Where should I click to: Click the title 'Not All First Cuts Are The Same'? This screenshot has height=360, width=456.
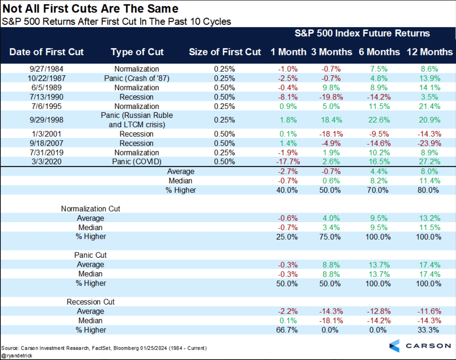90,9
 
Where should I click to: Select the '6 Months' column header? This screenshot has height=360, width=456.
379,52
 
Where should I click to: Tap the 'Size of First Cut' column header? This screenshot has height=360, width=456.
225,52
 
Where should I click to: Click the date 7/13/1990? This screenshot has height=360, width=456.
46,97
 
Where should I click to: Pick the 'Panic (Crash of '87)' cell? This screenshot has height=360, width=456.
137,78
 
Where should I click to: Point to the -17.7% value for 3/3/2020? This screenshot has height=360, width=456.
288,162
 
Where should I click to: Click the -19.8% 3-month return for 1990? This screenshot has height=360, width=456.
331,97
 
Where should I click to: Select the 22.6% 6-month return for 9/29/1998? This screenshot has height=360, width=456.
379,120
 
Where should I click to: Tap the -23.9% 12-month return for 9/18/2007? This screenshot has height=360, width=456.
429,143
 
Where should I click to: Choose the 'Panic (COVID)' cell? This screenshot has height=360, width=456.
137,162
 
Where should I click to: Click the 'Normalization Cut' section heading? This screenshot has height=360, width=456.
90,209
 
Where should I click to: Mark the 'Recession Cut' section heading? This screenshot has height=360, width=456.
90,302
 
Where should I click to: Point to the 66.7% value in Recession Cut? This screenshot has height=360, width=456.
287,330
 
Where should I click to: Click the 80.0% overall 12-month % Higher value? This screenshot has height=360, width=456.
428,190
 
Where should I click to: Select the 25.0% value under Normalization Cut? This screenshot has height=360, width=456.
287,237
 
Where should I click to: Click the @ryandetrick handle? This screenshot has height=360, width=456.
17,356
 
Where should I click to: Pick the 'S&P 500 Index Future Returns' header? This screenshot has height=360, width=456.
362,33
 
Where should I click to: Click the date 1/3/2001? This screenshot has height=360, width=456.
46,134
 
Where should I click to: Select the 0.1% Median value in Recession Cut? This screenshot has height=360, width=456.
288,321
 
